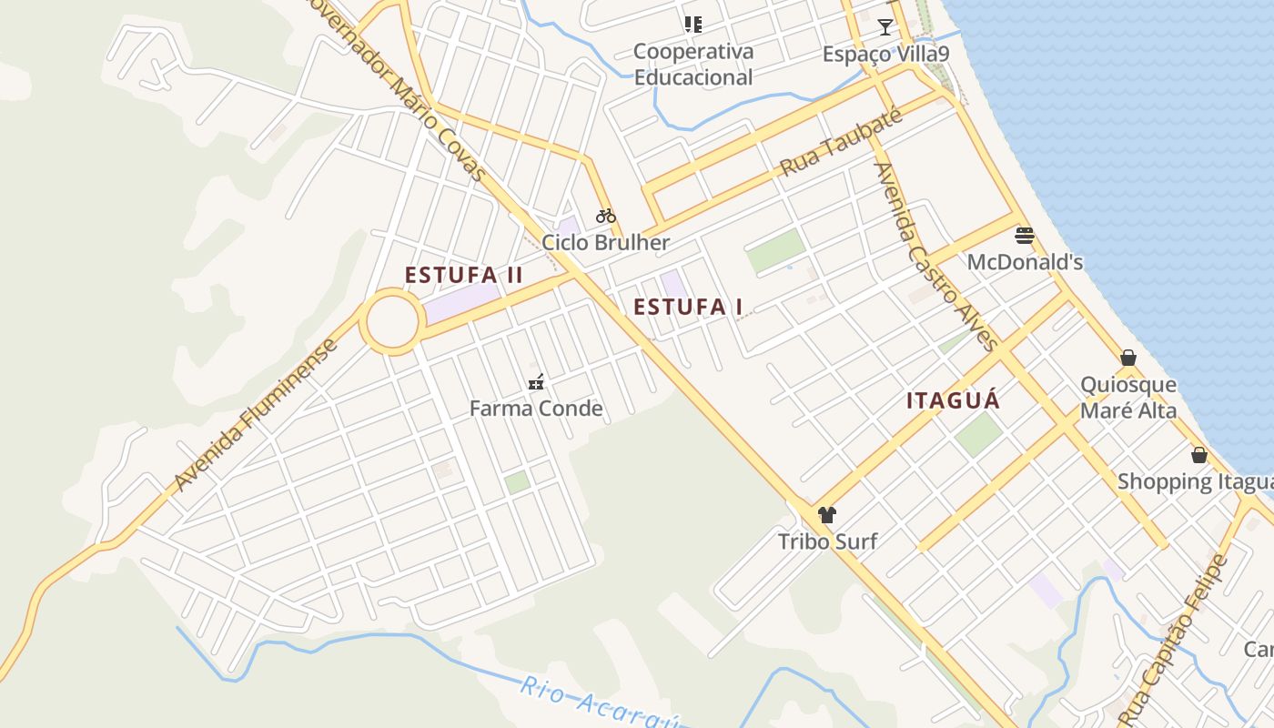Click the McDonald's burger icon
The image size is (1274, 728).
[x=1025, y=236]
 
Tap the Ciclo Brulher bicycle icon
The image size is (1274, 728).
[x=606, y=216]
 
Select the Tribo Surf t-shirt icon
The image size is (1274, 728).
[x=826, y=515]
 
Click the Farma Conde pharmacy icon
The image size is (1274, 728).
[x=536, y=381]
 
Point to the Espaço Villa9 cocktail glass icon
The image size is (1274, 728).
[x=885, y=26]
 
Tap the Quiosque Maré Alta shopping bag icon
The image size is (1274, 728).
[x=1128, y=358]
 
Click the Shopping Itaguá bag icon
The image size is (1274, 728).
[x=1199, y=454]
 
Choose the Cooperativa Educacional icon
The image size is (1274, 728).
[x=693, y=24]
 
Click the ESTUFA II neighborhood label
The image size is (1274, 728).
[x=464, y=275]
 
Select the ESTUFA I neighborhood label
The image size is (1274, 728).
[x=688, y=307]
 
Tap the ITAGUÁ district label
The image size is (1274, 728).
[x=953, y=400]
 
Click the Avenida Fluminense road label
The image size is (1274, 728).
[x=257, y=415]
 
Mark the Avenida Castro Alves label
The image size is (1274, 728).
[x=935, y=257]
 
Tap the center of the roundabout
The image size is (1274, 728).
[x=393, y=321]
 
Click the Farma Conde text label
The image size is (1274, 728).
[x=536, y=409]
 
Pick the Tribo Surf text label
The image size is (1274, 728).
[x=827, y=542]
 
